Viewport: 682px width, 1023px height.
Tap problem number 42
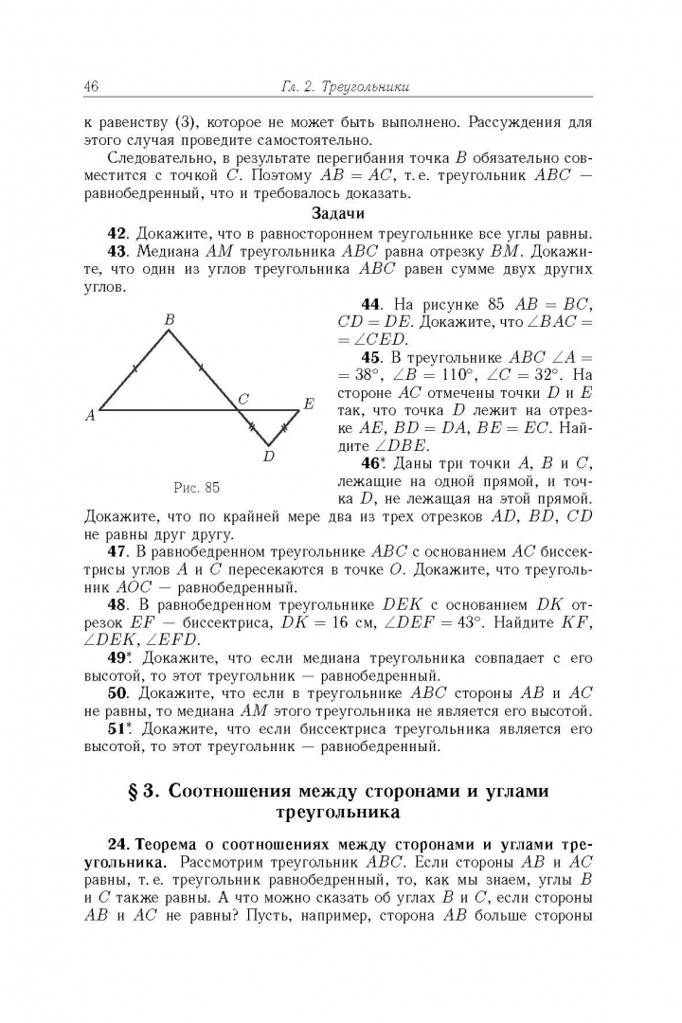pyautogui.click(x=117, y=233)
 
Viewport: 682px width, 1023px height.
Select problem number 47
pyautogui.click(x=117, y=550)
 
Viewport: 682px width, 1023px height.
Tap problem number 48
pyautogui.click(x=117, y=603)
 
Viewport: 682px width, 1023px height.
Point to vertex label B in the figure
pyautogui.click(x=170, y=321)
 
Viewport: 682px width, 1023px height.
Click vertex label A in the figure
pyautogui.click(x=90, y=414)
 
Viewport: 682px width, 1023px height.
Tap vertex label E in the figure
pyautogui.click(x=308, y=404)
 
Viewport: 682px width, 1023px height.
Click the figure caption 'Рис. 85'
pyautogui.click(x=197, y=488)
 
